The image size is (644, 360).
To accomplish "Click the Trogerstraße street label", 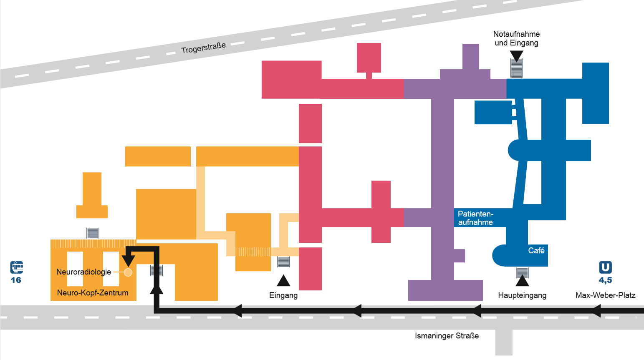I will point(203,48).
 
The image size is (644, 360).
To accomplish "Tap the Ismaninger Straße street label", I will point(447,336).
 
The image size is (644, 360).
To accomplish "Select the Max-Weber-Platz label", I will point(605,295).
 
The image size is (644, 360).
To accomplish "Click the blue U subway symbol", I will point(605,267).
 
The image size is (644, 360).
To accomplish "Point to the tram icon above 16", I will point(17,267).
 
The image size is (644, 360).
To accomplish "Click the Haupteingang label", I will point(522,295).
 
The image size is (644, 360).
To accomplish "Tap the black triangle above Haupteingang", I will point(522,281).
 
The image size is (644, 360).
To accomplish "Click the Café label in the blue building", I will point(536,250).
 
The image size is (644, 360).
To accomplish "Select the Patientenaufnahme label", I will point(475,218).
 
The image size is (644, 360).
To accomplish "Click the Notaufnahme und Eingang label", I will point(516,38).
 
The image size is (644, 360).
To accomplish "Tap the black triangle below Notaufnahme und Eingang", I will point(516,56).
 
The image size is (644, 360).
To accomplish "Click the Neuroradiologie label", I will point(83,272).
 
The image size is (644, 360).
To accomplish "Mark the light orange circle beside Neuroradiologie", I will point(128,272).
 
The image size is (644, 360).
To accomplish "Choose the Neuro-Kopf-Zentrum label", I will point(93,293).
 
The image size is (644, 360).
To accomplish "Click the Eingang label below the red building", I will point(283,295).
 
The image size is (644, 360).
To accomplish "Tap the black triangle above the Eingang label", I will point(283,281).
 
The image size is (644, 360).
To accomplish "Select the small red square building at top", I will point(369,58).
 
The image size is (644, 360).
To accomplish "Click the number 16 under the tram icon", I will point(16,280).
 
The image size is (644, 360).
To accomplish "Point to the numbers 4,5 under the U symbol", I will point(605,280).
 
